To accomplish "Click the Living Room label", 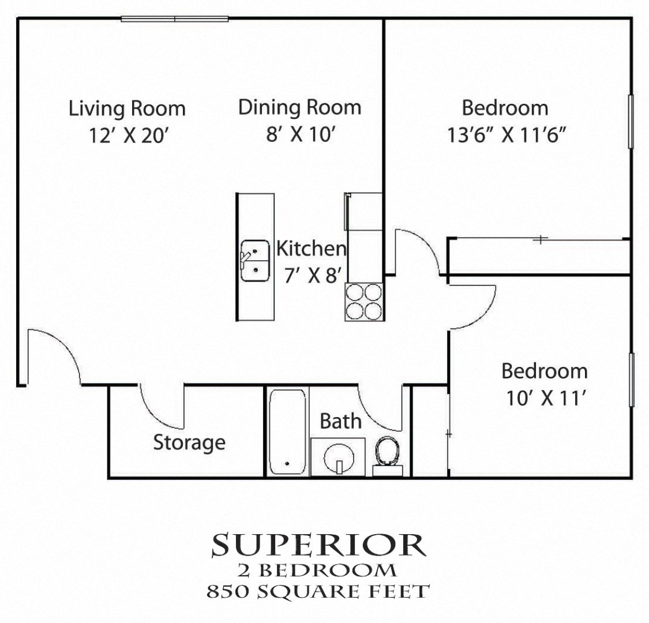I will (x=127, y=108).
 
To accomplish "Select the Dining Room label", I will (x=299, y=107).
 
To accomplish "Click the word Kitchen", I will (x=312, y=249).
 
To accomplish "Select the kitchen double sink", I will (x=254, y=261).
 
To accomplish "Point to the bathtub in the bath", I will (x=287, y=432).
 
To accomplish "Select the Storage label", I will (x=189, y=443).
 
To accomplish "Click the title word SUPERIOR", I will (x=318, y=546).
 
